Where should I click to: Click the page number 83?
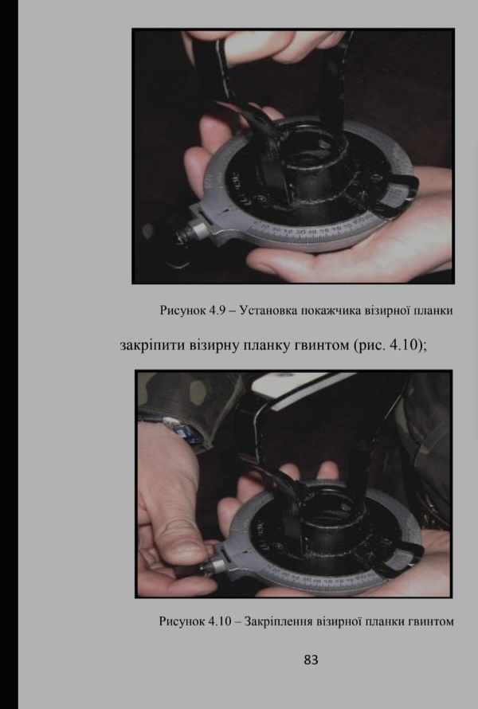point(311,660)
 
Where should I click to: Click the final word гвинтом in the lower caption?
point(431,621)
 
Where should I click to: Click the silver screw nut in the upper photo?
point(198,229)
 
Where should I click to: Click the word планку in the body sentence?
point(267,347)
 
